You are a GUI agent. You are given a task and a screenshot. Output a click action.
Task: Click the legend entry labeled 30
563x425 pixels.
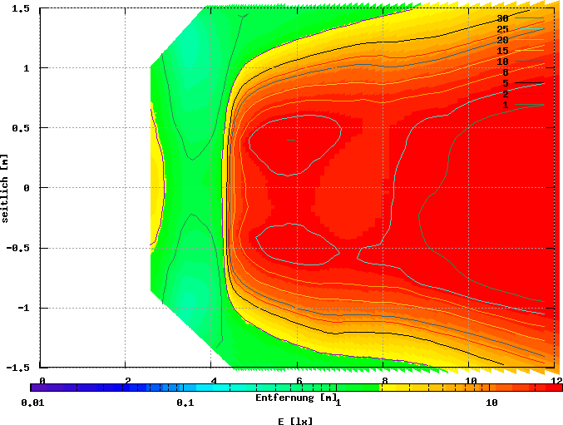(502, 18)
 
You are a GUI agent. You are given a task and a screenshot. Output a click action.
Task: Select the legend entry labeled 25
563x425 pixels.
(502, 29)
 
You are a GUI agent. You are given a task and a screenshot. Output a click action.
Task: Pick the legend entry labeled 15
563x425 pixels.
(502, 51)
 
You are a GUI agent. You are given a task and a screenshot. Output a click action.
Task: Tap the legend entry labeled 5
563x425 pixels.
(505, 83)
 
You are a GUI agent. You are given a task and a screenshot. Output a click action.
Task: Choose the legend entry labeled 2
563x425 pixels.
(505, 94)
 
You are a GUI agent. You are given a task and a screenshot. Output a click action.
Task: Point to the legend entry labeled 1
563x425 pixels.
(505, 105)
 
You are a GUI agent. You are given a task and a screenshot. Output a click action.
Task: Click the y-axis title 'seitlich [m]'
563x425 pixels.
(6, 187)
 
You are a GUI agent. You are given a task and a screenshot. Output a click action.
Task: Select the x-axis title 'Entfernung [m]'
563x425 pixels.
(296, 398)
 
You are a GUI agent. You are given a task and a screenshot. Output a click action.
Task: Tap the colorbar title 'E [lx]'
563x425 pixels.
(296, 421)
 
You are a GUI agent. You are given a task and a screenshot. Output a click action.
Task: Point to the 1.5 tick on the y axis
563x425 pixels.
(22, 8)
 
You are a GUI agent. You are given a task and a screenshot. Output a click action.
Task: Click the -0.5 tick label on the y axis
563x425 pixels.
(19, 248)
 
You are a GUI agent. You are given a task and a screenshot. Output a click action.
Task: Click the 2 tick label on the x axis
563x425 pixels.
(127, 380)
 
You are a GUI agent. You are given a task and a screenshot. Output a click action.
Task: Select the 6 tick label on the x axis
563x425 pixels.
(299, 380)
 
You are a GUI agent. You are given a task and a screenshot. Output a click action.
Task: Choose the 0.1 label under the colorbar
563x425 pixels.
(185, 403)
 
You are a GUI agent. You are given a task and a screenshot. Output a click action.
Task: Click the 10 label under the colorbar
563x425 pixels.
(491, 403)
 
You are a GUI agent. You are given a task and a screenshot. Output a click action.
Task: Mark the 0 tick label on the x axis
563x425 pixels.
(42, 380)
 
